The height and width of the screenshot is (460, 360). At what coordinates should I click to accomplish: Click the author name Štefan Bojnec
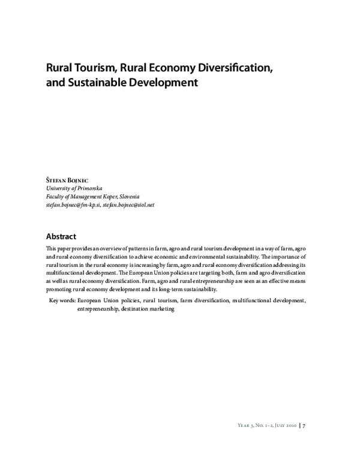click(x=67, y=179)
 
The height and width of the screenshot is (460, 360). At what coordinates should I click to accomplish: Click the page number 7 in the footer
click(x=305, y=425)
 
